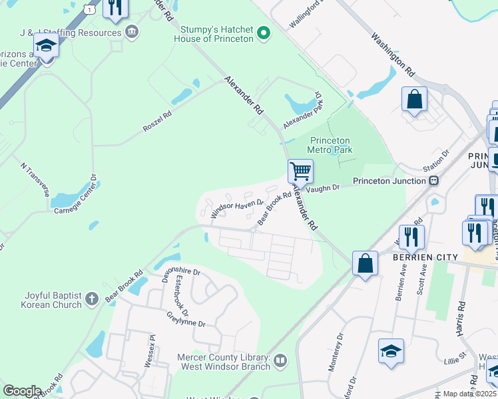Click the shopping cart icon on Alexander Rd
tap(300, 171)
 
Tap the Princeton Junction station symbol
tap(433, 181)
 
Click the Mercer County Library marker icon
tap(280, 360)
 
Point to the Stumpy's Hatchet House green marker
tap(264, 33)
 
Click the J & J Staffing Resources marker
tap(132, 31)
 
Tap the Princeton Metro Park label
tap(331, 145)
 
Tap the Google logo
tap(22, 391)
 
